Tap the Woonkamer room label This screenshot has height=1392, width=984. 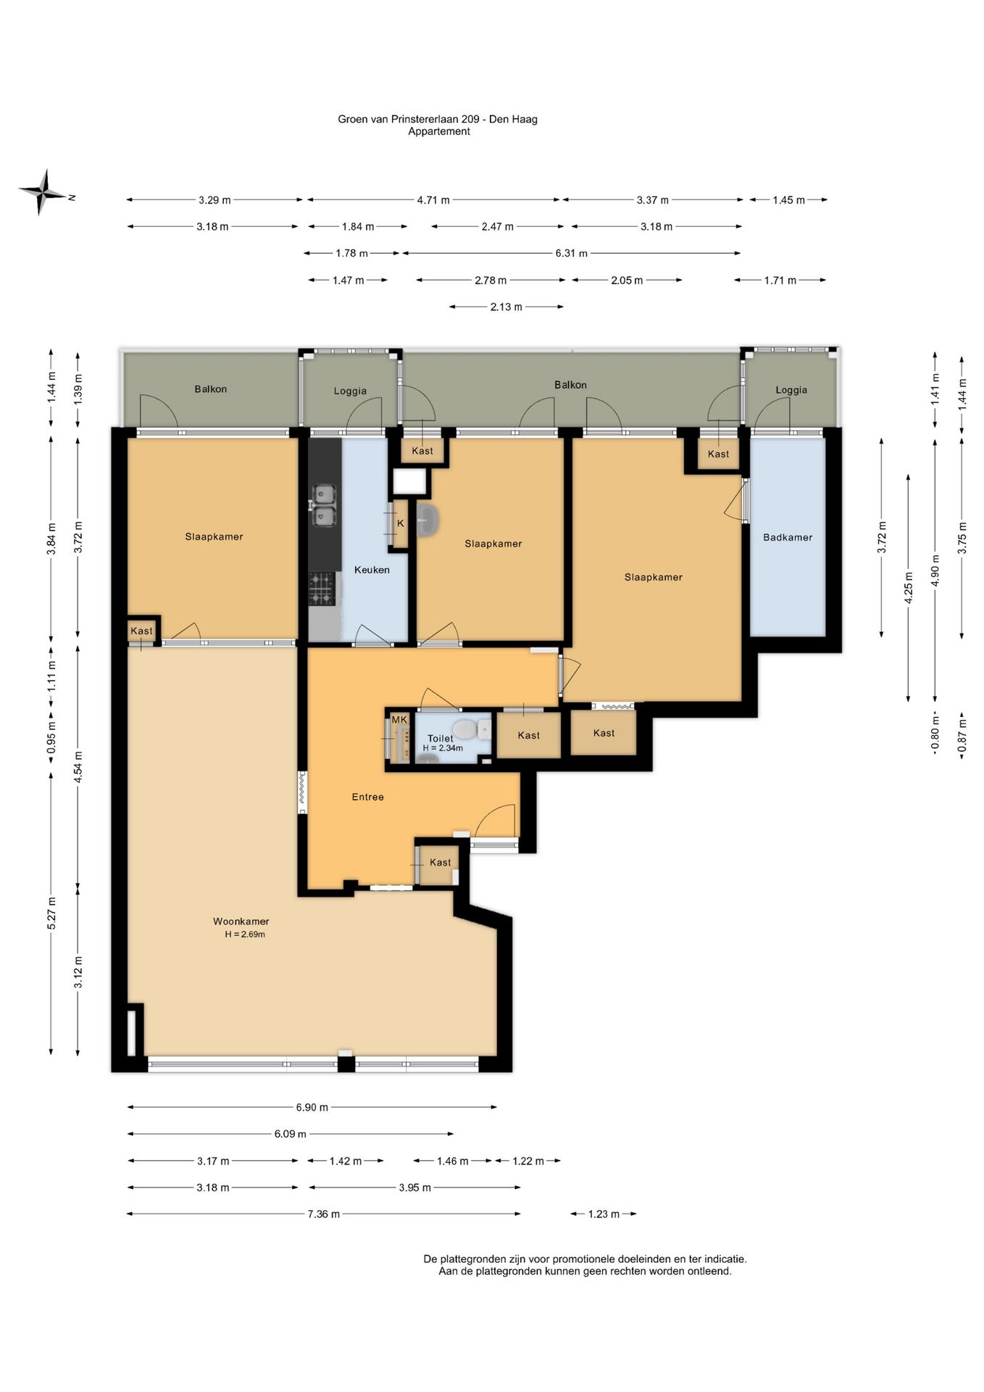coord(241,921)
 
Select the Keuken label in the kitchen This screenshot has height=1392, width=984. coord(372,570)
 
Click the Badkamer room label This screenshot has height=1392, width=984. coord(788,537)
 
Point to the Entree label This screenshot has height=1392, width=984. coord(367,797)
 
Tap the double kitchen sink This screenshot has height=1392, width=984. coord(322,505)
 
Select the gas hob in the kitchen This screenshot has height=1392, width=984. coord(322,589)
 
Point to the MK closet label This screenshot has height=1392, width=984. coord(399,719)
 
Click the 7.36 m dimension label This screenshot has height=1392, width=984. coord(324,1214)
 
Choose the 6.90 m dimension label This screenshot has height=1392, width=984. coord(312,1107)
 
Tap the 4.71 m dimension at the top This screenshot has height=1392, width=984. coord(433,200)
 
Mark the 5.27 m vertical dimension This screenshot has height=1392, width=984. coord(51,913)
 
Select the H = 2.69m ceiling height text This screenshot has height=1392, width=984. coord(245,935)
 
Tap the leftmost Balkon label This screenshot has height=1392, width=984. coord(211,389)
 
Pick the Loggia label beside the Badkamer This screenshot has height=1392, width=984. coord(791,390)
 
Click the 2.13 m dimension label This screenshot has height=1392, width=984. coord(506,307)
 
